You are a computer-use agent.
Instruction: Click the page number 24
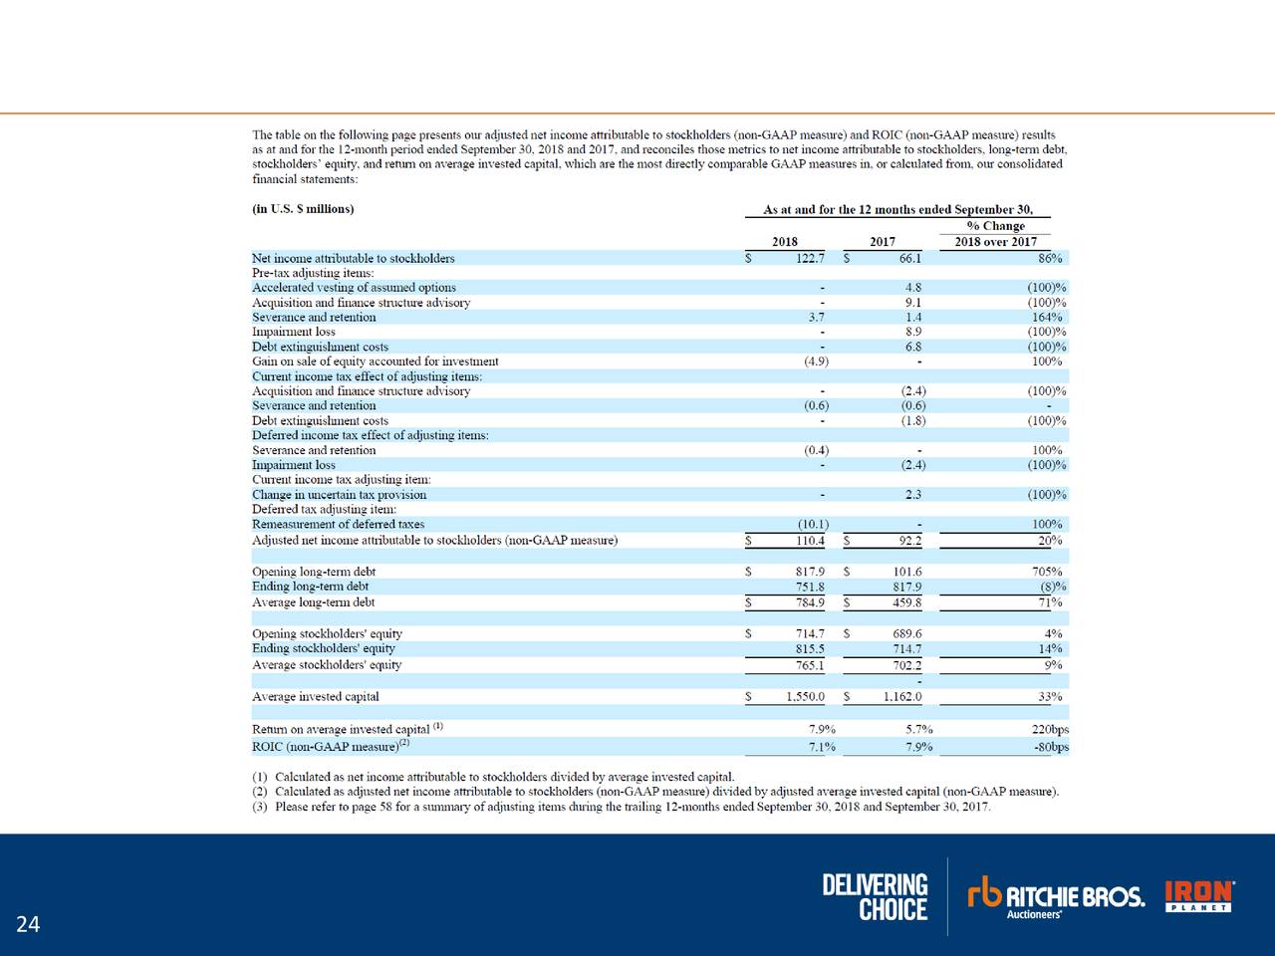(28, 925)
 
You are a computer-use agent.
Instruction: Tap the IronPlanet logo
(1199, 895)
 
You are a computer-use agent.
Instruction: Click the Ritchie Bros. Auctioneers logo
(1056, 896)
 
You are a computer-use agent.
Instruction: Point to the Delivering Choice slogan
(875, 897)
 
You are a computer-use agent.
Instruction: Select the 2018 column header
(784, 241)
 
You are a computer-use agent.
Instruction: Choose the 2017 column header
(882, 241)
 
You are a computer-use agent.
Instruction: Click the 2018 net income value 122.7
(809, 258)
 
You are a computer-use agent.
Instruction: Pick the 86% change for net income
(1049, 258)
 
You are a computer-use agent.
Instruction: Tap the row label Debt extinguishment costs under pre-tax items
(320, 347)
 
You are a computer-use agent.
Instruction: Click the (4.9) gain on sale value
(816, 361)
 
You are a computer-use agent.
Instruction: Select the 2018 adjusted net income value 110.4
(810, 541)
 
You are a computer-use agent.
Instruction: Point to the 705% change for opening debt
(1047, 572)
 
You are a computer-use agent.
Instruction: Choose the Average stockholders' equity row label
(327, 664)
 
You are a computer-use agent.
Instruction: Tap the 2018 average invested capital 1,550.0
(805, 697)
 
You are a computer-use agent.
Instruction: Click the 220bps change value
(1050, 729)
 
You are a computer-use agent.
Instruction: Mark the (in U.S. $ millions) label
(303, 209)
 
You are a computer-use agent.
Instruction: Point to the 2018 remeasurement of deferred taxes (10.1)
(813, 524)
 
